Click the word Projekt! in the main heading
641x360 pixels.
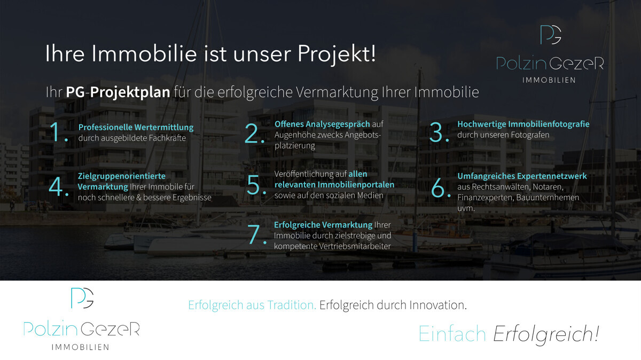[x=337, y=54]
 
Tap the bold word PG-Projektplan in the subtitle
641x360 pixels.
[x=118, y=92]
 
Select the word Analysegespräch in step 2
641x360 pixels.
[x=338, y=124]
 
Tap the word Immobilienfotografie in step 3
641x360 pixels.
[x=549, y=124]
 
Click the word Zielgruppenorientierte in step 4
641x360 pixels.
[x=122, y=176]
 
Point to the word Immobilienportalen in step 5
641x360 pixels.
[x=356, y=185]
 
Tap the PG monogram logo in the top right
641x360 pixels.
[x=551, y=35]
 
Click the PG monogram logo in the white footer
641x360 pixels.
[x=82, y=298]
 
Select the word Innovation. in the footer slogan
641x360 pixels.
[x=438, y=305]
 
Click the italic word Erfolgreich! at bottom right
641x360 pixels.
[x=546, y=334]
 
